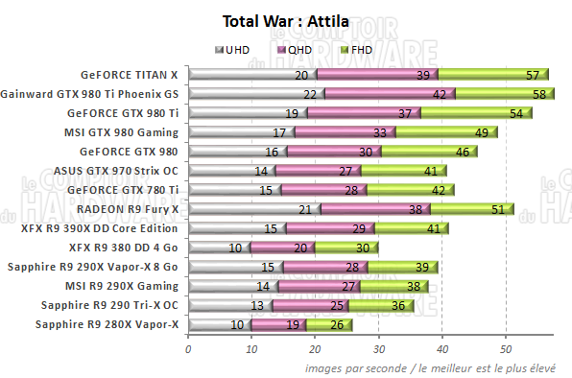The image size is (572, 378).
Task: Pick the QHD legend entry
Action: tap(296, 49)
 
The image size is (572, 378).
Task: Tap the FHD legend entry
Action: tap(356, 49)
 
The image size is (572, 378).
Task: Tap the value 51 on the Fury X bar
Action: tap(497, 209)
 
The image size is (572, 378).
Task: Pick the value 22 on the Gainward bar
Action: tap(310, 94)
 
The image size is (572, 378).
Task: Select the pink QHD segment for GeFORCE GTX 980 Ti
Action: tap(363, 113)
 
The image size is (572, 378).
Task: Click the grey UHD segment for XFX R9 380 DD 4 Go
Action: tap(217, 248)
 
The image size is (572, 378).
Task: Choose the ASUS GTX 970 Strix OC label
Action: tap(123, 170)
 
